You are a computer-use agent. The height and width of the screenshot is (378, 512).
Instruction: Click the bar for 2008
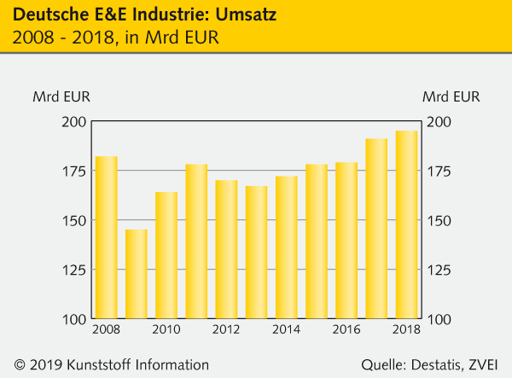[106, 237]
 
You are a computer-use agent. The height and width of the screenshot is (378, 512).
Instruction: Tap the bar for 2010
[166, 255]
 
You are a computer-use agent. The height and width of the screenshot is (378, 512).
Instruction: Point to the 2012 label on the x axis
[226, 329]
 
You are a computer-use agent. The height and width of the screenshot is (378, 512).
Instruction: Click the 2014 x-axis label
[287, 329]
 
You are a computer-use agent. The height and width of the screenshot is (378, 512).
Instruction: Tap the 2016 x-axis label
[346, 329]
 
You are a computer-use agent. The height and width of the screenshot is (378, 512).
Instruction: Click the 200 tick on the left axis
[75, 122]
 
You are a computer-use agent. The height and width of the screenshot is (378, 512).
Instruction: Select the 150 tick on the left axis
[75, 220]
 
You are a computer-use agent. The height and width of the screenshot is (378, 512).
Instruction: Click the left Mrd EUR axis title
[61, 96]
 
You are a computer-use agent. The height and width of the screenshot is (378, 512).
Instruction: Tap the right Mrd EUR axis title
[451, 96]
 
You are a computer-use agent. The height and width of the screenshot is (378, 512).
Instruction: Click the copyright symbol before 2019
[20, 364]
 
